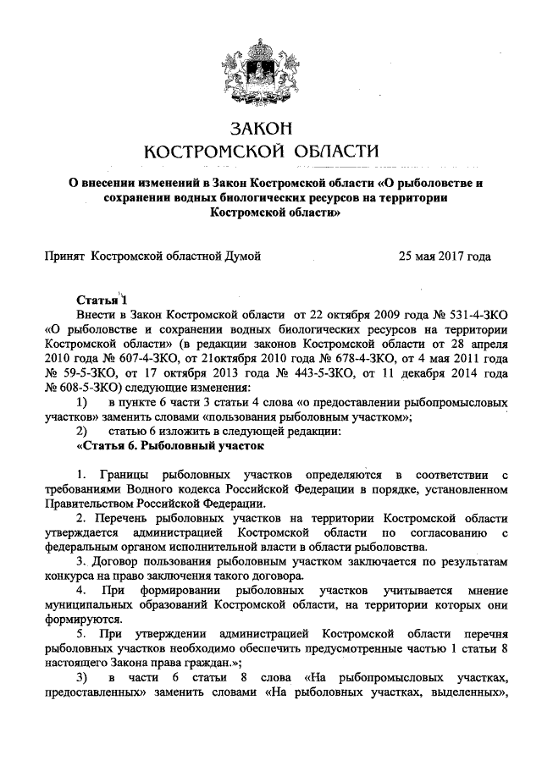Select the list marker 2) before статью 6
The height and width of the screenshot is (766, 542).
point(81,431)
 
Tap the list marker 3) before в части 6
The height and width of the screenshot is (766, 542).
point(81,681)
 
